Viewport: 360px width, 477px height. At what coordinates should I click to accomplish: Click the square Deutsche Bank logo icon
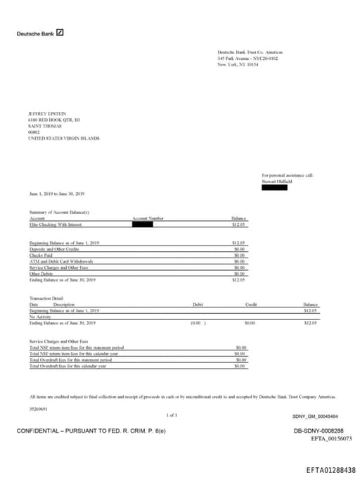[60, 32]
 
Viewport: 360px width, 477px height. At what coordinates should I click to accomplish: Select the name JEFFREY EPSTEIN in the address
[46, 113]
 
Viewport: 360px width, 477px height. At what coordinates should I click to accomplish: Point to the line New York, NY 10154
[238, 64]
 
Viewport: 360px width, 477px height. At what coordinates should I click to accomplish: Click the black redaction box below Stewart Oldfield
[274, 188]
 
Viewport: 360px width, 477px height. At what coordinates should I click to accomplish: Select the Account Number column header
[148, 219]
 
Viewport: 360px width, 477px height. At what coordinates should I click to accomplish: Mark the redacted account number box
[143, 224]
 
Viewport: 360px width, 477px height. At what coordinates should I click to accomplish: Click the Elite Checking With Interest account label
[56, 224]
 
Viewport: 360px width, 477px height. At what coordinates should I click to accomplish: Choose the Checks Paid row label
[42, 255]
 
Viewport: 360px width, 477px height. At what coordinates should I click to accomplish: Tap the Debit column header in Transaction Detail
[198, 304]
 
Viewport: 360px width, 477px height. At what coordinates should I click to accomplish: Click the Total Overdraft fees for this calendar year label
[67, 366]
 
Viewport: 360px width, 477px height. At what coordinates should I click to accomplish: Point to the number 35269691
[38, 408]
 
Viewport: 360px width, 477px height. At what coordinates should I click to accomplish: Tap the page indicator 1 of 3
[172, 415]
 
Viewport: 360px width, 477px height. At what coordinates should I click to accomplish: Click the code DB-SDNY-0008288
[318, 430]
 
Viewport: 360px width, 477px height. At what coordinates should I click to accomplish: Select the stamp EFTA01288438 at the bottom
[330, 469]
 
